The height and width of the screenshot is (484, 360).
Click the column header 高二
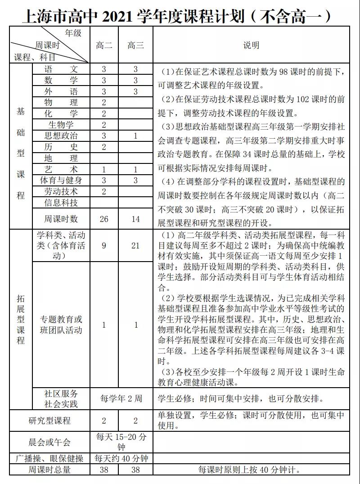[104, 45]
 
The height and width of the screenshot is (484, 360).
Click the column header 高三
[135, 45]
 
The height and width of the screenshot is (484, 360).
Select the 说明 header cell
[251, 45]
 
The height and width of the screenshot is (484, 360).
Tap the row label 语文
[61, 69]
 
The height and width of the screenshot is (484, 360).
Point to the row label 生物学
[61, 125]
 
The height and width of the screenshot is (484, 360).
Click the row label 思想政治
[61, 136]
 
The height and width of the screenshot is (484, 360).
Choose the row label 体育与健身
[61, 181]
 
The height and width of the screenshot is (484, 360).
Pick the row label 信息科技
[61, 203]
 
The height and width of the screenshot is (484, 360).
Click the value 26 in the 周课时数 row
[104, 219]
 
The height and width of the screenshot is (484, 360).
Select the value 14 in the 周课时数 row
[135, 219]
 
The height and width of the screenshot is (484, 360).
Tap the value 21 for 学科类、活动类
[135, 246]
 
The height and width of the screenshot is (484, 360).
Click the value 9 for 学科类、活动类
[104, 246]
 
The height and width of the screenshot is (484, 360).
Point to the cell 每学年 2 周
[121, 398]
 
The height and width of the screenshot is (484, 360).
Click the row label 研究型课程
[50, 421]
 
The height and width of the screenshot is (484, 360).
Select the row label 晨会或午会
[50, 442]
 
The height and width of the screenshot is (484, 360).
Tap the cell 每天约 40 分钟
[121, 459]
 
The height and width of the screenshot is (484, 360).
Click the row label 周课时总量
[50, 470]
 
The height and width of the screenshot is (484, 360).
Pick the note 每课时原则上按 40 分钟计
[249, 470]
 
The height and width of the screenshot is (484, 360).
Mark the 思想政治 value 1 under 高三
[135, 136]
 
